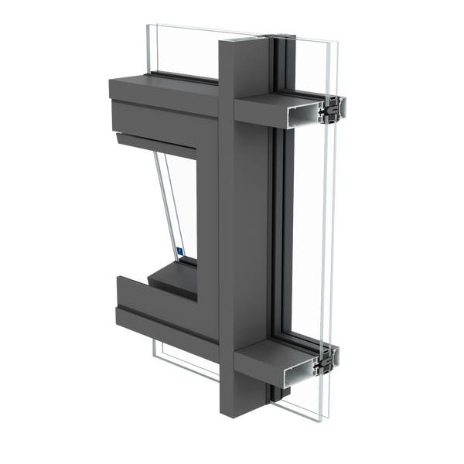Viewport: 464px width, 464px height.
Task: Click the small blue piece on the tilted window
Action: (x=179, y=251)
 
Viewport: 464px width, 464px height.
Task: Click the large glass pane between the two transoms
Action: (x=305, y=232)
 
